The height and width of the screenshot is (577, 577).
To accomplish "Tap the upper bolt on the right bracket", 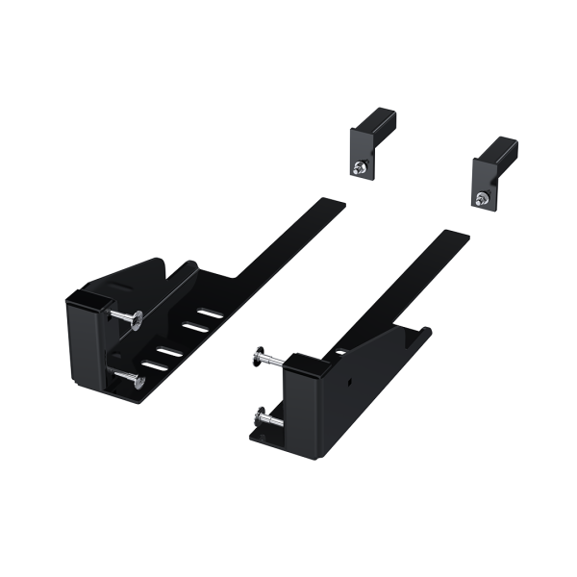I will pos(269,358).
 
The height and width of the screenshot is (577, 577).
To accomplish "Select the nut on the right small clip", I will pos(480,197).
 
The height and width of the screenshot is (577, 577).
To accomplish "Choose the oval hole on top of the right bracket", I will pos(339,353).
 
